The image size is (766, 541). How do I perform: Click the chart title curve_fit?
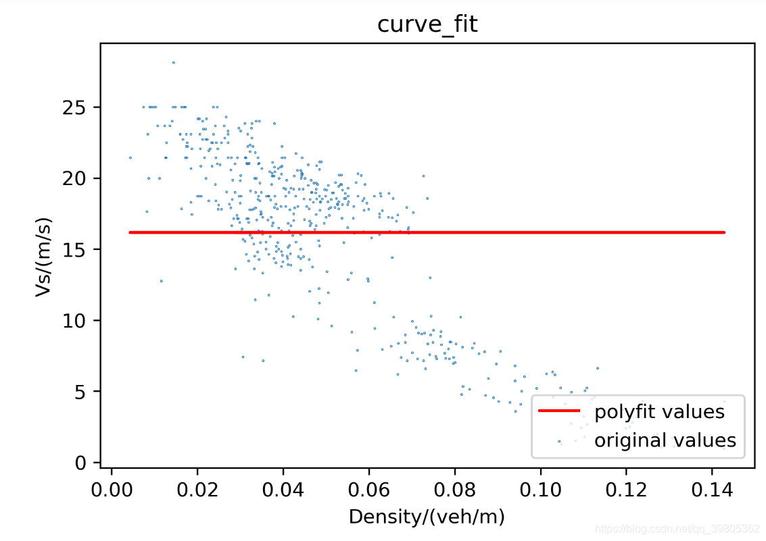coord(427,25)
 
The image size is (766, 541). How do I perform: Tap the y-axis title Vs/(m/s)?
coord(44,257)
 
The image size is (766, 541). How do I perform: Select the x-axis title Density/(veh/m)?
coord(427,518)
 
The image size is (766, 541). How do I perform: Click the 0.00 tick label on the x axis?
coord(112,488)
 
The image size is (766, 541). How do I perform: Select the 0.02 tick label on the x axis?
coord(197,488)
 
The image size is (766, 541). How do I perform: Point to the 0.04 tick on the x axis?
coord(283,488)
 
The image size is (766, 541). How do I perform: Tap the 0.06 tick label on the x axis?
coord(368,488)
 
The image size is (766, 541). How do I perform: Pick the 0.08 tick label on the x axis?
coord(454,488)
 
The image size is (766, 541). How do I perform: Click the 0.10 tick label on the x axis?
coord(540,488)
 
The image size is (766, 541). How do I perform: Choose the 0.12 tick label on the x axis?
coord(625,488)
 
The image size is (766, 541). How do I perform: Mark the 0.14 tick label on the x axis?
coord(711,488)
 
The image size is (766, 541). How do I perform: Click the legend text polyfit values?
coord(659,411)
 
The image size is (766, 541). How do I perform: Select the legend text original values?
coord(665,441)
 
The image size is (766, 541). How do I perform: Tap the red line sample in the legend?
coord(559,411)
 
